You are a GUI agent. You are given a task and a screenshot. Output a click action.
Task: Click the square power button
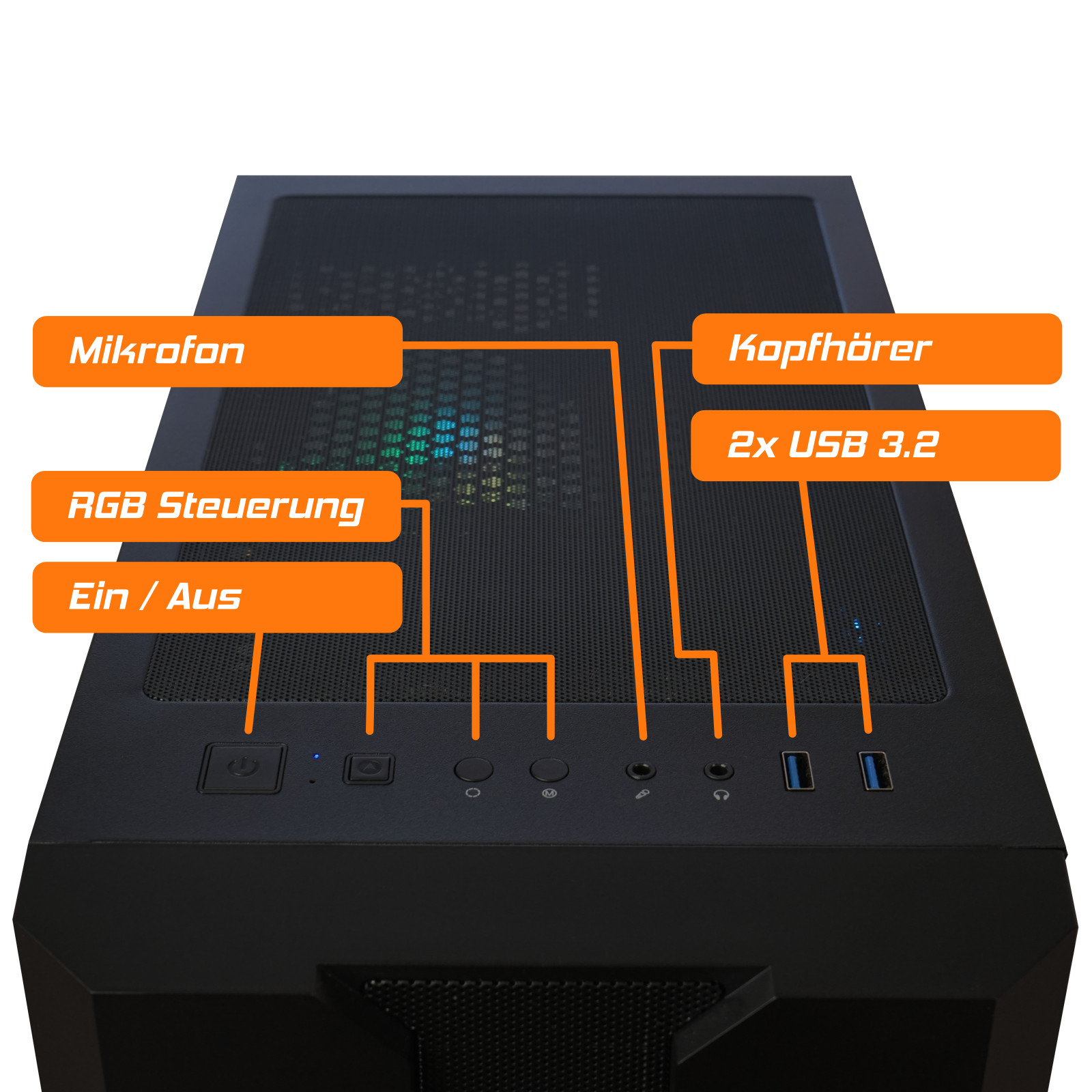tap(242, 768)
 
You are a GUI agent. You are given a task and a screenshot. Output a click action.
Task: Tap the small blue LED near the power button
tap(315, 756)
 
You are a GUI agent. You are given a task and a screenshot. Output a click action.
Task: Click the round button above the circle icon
tap(474, 769)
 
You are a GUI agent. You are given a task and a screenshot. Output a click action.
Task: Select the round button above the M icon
tap(549, 769)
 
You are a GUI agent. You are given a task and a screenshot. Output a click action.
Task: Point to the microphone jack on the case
tap(640, 771)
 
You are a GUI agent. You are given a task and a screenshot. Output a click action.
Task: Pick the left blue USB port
tap(797, 771)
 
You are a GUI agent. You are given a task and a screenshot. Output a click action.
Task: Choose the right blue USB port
tap(874, 771)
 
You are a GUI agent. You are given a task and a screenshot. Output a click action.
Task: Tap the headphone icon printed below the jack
tap(721, 794)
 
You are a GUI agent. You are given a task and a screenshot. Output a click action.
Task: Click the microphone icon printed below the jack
tap(642, 794)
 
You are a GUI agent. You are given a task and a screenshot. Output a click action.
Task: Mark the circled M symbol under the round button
tap(549, 793)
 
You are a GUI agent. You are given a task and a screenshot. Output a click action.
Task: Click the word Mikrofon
tap(157, 351)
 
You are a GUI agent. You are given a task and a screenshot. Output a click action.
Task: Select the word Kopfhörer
tap(830, 348)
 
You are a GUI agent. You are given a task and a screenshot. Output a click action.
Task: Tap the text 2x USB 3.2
tap(833, 445)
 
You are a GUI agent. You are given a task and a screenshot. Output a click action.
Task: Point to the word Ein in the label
tap(99, 597)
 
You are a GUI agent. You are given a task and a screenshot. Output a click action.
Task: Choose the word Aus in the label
tap(204, 597)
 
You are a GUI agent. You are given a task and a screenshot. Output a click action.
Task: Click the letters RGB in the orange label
tap(107, 506)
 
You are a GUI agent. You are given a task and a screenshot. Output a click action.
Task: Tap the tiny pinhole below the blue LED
tap(313, 781)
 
